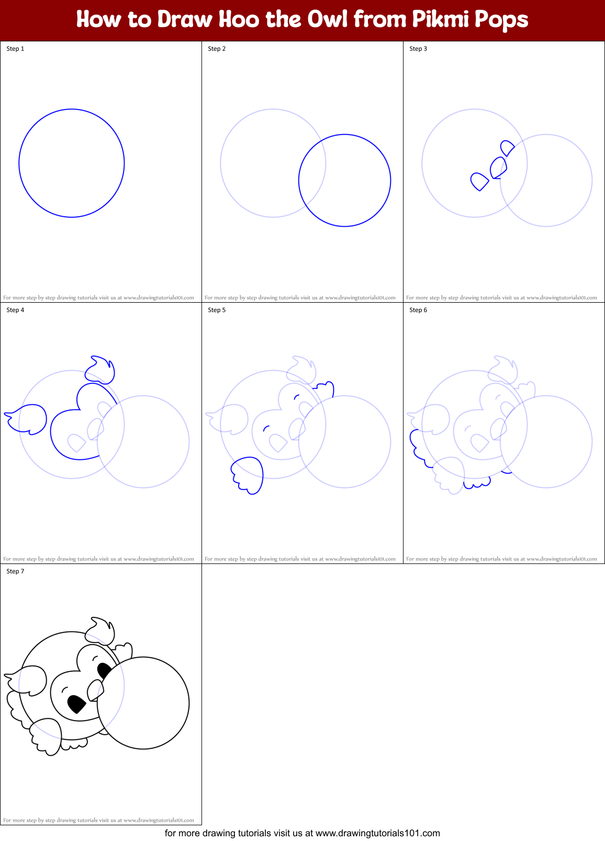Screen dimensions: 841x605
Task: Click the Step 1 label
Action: pos(15,49)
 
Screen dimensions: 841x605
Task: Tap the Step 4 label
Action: pos(15,310)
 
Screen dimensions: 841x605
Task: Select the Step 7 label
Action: pos(15,571)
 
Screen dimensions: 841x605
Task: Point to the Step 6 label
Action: pos(418,310)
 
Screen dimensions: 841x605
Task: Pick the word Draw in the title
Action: pos(185,19)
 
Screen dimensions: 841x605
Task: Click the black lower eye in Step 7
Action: pos(77,704)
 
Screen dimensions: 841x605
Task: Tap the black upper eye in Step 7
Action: pos(104,671)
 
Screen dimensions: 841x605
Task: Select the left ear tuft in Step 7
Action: pos(29,680)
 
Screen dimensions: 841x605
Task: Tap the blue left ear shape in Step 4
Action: pos(28,418)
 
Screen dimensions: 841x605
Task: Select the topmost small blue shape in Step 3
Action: pos(507,148)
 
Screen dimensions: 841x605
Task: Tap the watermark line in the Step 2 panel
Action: pos(300,297)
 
